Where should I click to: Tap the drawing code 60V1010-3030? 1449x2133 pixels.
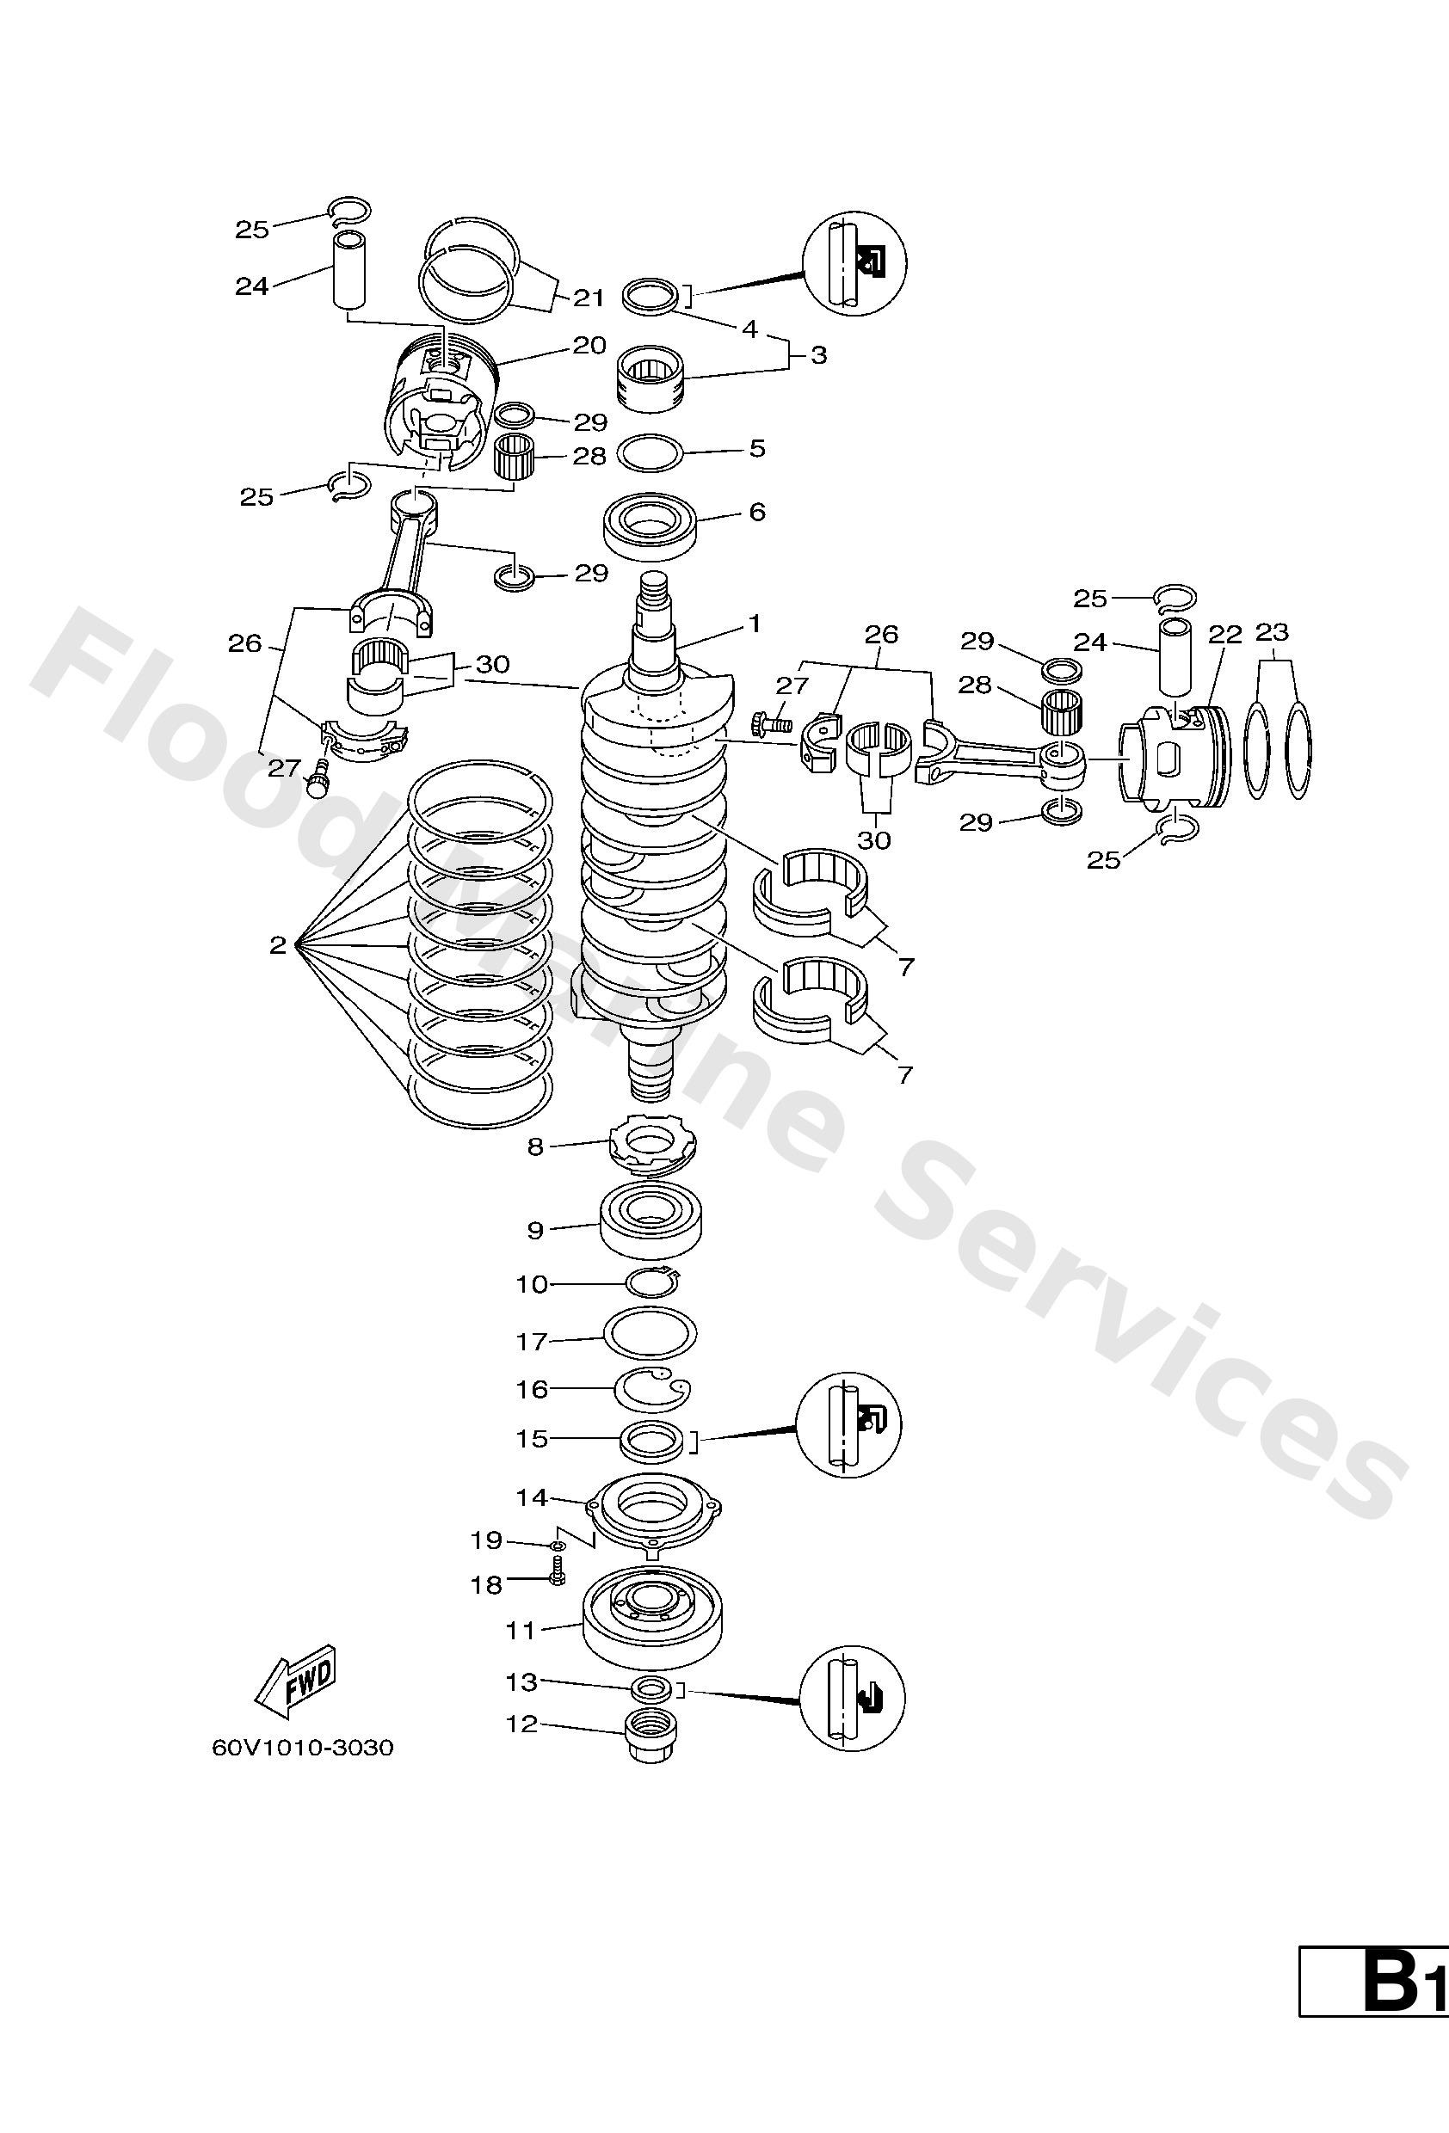(302, 1747)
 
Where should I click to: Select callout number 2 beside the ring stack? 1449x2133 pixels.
(277, 944)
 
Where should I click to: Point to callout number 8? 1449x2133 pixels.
(535, 1146)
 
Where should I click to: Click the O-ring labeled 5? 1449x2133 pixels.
(651, 452)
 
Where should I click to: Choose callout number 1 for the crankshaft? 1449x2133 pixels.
(755, 624)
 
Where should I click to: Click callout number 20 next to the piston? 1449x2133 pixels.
(589, 345)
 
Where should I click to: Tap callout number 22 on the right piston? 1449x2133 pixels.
(1225, 634)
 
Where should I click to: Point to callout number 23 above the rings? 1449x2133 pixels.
(1272, 632)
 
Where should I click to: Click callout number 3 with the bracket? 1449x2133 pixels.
(818, 354)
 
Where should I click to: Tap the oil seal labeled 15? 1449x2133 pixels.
(652, 1439)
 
